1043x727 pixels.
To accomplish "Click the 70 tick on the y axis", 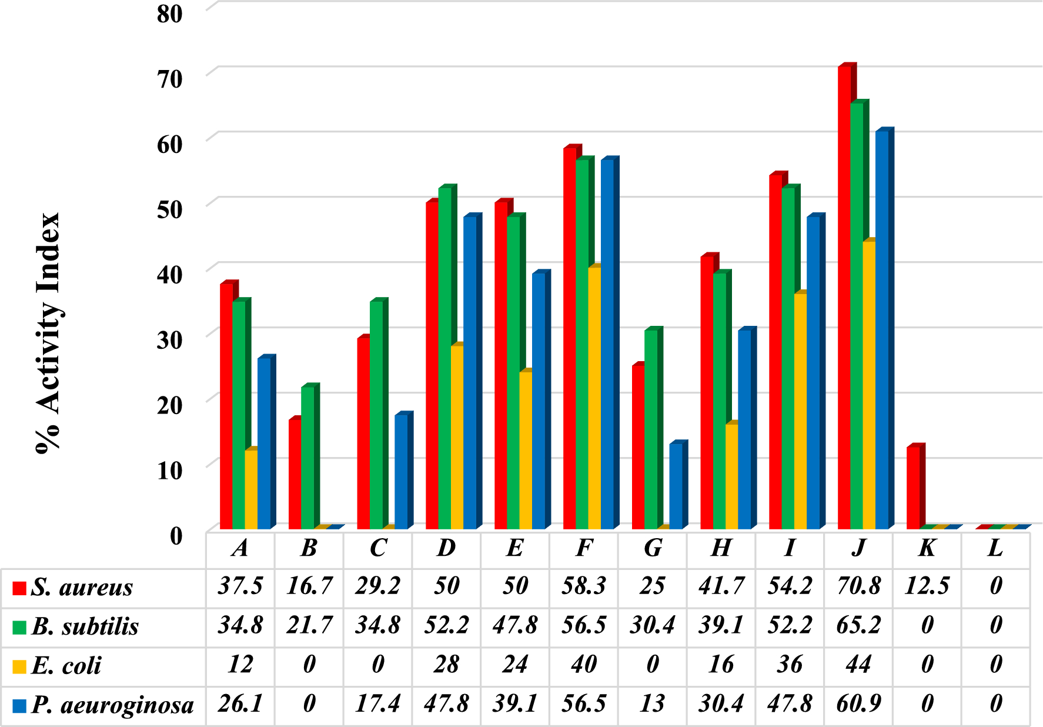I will tap(170, 78).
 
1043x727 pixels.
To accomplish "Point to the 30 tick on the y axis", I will tap(170, 339).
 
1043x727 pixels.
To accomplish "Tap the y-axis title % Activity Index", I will tap(48, 332).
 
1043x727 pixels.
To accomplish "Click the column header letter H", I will tap(721, 548).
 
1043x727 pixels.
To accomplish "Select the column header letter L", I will tap(995, 548).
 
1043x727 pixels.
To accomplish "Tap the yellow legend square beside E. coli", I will tap(19, 666).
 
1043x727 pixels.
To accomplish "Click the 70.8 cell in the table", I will tap(858, 586).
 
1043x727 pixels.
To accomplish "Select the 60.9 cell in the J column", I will tap(858, 704).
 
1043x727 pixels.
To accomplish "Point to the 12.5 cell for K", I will tap(927, 586).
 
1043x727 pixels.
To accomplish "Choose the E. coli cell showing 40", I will tap(584, 665).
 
